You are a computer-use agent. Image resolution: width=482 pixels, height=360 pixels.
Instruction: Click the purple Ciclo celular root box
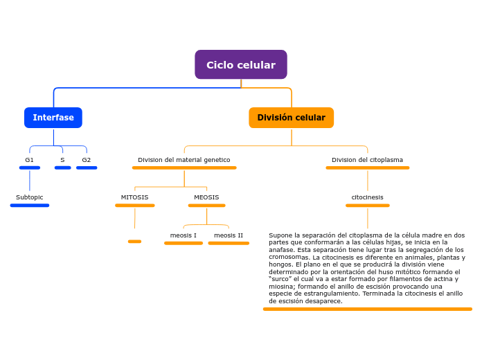[240, 64]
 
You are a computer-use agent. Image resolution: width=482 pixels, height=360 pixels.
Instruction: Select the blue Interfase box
[53, 118]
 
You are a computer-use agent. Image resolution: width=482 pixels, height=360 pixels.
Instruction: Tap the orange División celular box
[291, 118]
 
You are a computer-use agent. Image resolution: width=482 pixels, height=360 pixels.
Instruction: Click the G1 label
[29, 160]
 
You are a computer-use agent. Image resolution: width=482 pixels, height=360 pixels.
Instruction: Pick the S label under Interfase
[62, 160]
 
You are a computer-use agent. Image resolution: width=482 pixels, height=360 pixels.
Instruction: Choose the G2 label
[87, 160]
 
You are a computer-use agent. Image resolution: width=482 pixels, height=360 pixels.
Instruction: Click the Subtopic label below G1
[30, 197]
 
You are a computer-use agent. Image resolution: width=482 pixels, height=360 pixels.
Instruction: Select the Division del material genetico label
[184, 160]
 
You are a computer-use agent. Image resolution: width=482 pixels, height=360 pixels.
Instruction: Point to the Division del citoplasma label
[367, 160]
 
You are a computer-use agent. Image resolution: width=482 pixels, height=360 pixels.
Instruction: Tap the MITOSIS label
[134, 197]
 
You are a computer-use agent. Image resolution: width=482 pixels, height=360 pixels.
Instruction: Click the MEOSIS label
[206, 197]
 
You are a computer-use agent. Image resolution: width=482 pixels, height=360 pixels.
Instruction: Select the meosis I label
[184, 235]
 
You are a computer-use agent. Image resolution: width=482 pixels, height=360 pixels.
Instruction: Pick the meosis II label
[229, 235]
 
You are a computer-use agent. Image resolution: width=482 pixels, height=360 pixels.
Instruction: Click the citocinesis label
[367, 197]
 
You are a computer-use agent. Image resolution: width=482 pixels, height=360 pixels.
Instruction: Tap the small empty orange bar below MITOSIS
[134, 242]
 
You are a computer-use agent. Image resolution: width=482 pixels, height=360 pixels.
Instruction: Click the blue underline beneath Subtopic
[30, 206]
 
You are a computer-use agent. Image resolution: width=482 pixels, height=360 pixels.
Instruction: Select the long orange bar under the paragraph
[367, 309]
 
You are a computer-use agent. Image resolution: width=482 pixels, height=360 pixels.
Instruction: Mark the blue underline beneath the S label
[62, 168]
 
